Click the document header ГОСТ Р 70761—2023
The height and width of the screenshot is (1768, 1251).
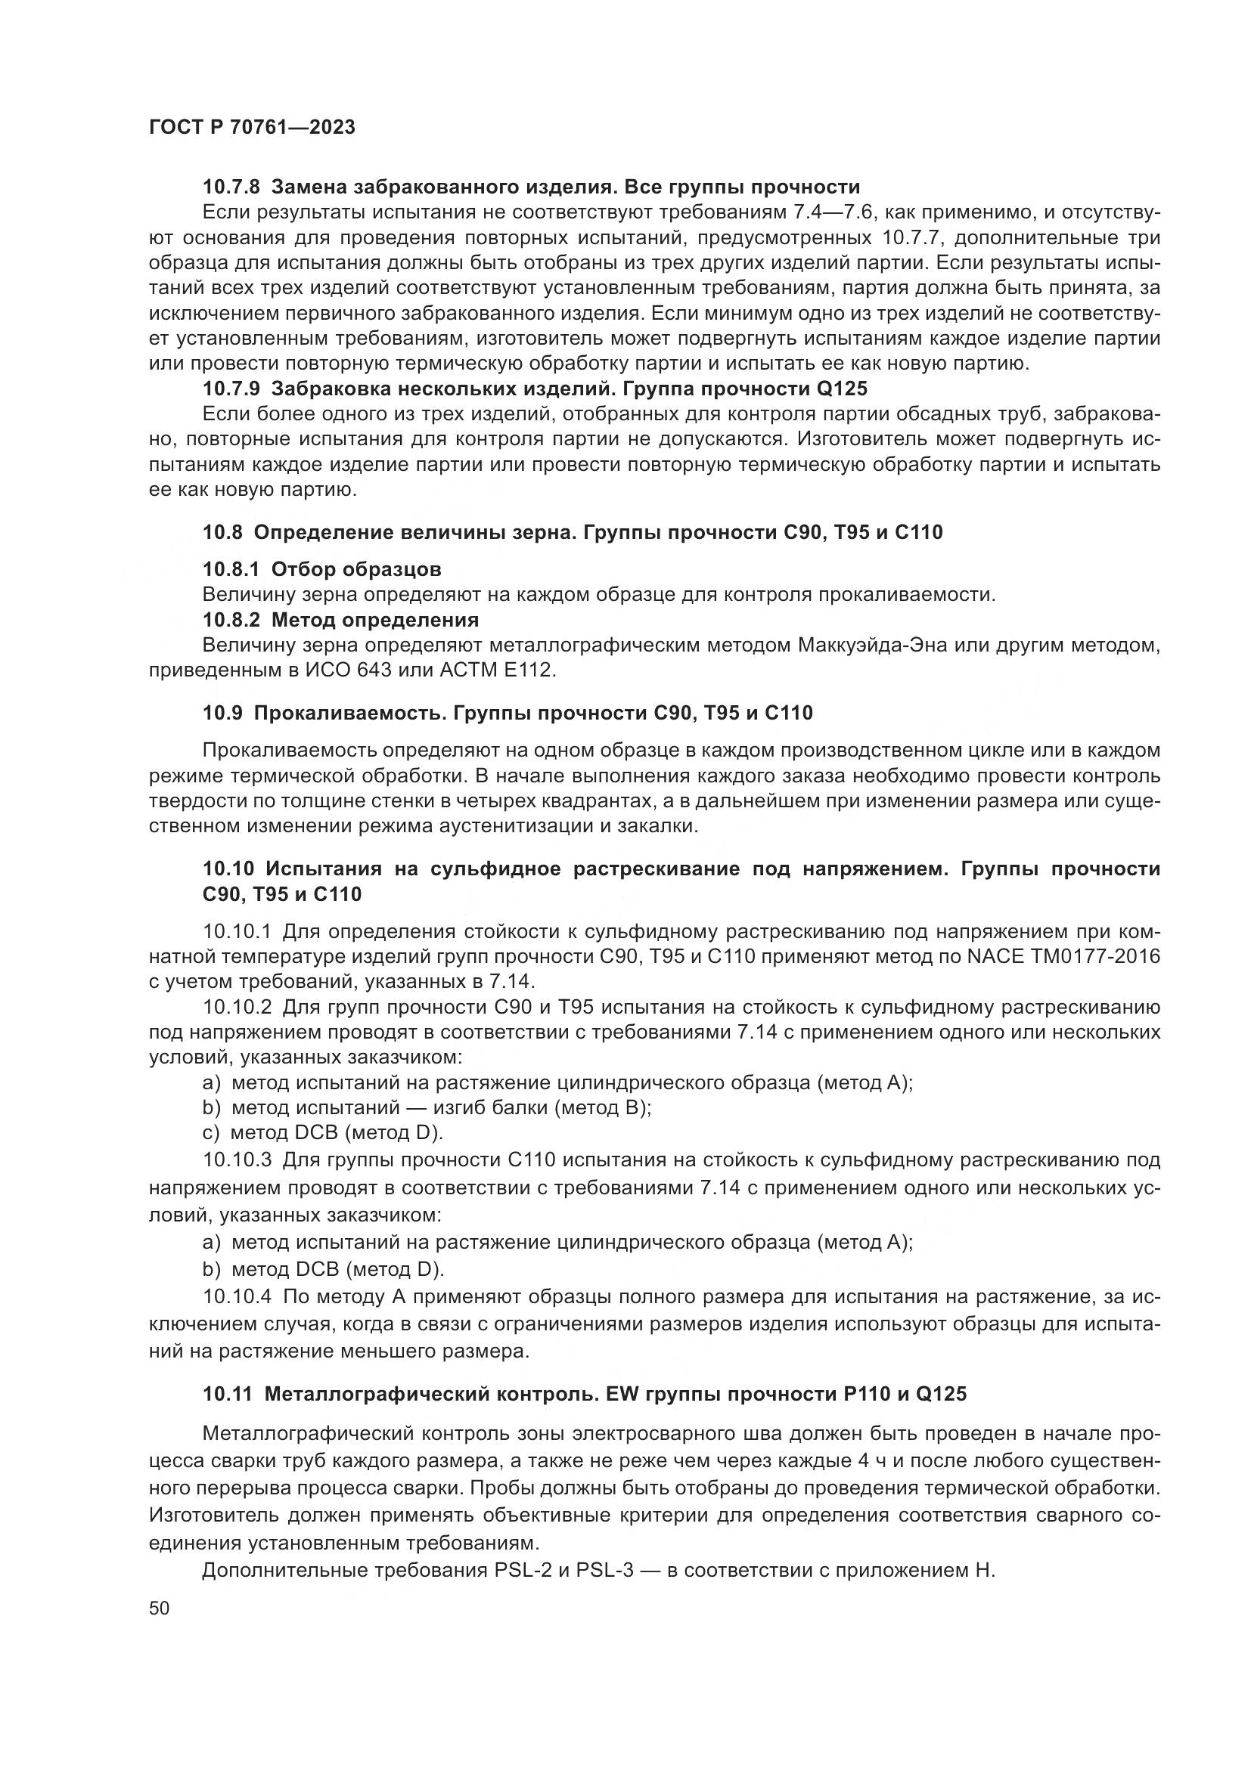pyautogui.click(x=252, y=128)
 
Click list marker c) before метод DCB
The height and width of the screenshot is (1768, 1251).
pyautogui.click(x=211, y=1133)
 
